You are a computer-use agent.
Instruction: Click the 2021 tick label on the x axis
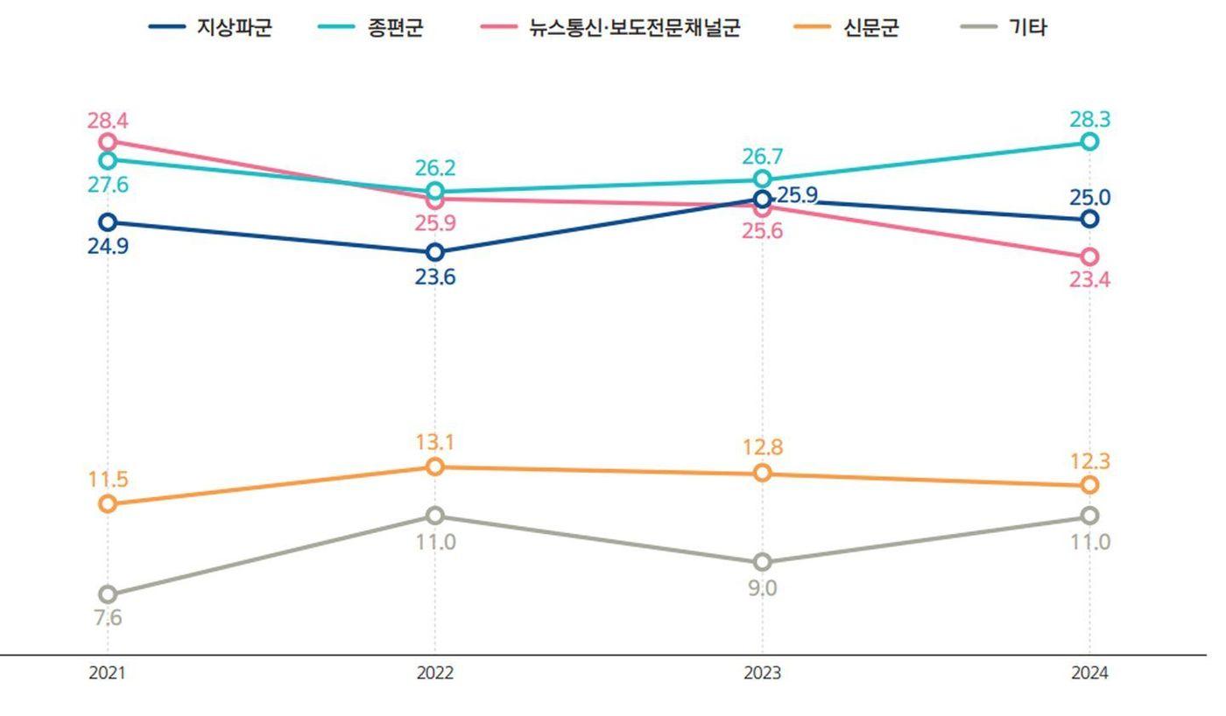click(x=108, y=673)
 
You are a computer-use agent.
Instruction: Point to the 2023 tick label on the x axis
click(x=762, y=673)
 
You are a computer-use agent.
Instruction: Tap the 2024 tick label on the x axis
click(x=1089, y=673)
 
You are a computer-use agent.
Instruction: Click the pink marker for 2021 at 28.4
click(x=108, y=141)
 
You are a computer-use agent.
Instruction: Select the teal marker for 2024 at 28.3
click(x=1089, y=141)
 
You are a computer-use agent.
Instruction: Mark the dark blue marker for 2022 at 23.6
click(x=435, y=252)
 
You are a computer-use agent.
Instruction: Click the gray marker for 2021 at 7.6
click(x=108, y=595)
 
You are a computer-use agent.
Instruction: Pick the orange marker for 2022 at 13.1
click(x=435, y=467)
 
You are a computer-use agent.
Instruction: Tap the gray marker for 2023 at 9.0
click(x=763, y=562)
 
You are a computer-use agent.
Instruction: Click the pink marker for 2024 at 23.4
click(x=1089, y=256)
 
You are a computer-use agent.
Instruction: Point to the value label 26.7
click(x=762, y=157)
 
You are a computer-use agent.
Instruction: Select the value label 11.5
click(x=108, y=480)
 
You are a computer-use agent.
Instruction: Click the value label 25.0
click(x=1089, y=197)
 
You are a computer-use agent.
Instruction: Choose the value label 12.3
click(x=1089, y=460)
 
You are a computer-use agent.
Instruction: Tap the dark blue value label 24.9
click(x=108, y=246)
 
